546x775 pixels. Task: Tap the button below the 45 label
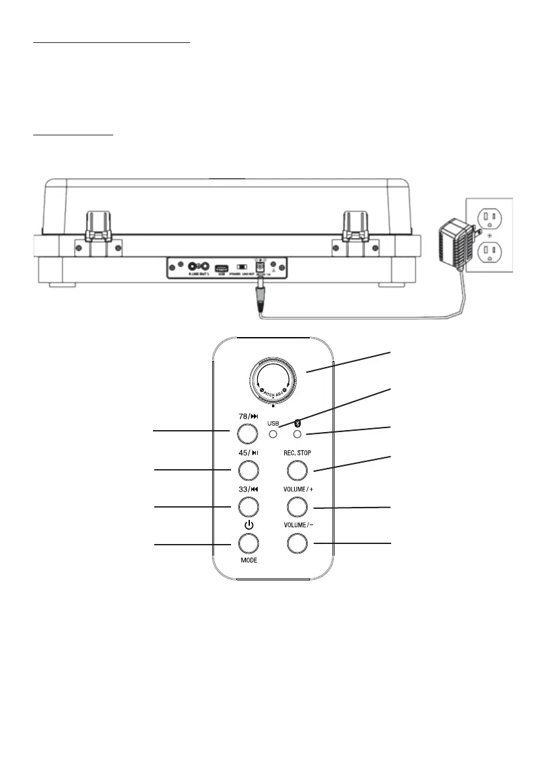click(246, 469)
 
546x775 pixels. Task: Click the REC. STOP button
click(297, 469)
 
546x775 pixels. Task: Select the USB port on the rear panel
click(221, 267)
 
